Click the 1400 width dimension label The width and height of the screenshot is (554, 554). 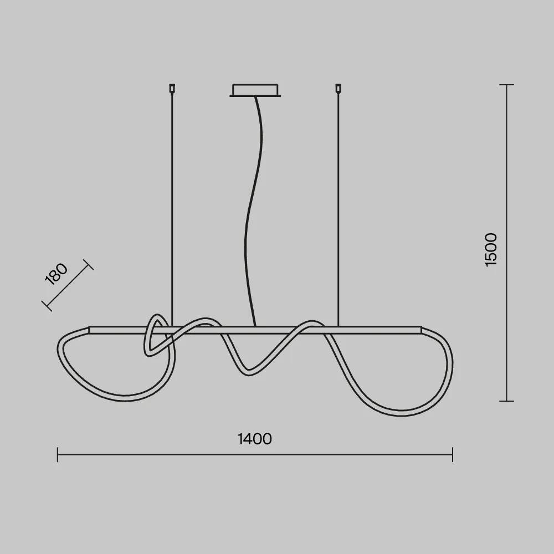click(x=254, y=439)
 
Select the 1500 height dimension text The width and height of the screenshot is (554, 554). click(x=491, y=250)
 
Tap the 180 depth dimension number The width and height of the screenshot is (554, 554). click(x=56, y=274)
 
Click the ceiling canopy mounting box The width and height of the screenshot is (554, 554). click(x=255, y=90)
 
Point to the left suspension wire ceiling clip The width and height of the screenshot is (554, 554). click(x=172, y=88)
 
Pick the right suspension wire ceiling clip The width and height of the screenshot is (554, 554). click(x=338, y=88)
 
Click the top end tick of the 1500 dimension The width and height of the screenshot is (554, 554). click(x=507, y=85)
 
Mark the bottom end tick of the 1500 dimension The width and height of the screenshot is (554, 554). click(x=507, y=401)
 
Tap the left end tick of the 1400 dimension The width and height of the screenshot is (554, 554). click(x=58, y=454)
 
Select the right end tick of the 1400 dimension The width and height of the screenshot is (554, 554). click(x=453, y=454)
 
